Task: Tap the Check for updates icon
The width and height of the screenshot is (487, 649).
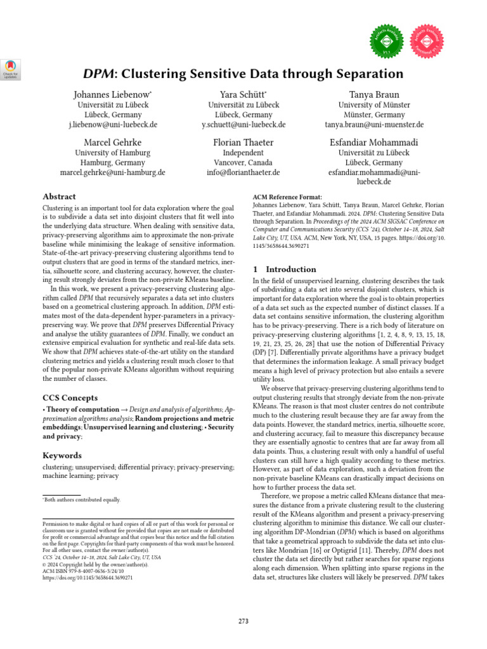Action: point(11,69)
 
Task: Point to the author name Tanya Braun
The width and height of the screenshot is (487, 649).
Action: point(373,94)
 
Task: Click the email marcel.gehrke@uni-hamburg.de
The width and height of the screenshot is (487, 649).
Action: point(112,172)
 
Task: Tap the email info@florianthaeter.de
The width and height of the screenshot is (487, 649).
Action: point(243,172)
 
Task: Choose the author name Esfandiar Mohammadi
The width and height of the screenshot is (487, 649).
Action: point(373,143)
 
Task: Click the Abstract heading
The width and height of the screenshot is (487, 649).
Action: point(59,196)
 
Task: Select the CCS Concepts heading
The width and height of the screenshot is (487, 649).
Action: point(70,397)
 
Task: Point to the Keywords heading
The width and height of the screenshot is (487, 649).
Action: point(62,455)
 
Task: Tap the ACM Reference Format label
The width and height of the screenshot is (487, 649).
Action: point(287,197)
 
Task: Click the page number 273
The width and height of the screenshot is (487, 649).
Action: point(243,620)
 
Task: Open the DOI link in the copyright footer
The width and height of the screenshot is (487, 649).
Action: point(88,578)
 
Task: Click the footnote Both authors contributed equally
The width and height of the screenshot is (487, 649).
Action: point(82,499)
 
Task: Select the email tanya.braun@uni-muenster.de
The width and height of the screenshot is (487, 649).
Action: point(373,124)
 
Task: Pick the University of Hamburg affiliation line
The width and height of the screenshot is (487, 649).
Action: point(112,153)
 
